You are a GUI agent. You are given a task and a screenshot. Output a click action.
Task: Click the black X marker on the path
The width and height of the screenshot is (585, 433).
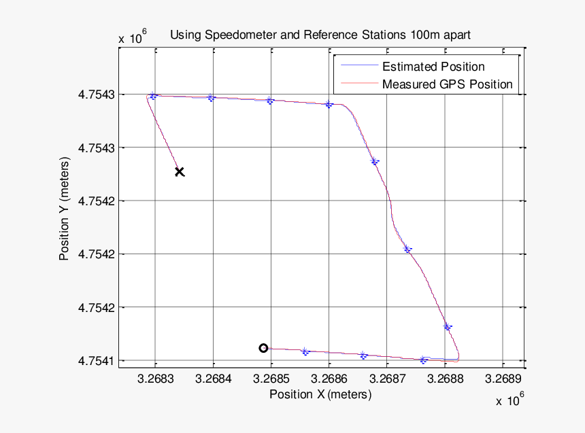(180, 172)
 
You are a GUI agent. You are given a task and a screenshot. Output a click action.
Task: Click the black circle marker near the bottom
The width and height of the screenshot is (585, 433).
(263, 348)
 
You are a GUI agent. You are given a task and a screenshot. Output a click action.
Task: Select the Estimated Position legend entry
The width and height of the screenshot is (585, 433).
(433, 67)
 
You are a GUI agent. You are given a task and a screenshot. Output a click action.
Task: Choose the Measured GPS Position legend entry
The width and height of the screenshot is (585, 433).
(447, 84)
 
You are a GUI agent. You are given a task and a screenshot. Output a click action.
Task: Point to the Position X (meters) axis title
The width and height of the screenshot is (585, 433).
(320, 394)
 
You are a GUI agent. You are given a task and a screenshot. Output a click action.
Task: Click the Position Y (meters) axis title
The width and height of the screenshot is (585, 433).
(65, 211)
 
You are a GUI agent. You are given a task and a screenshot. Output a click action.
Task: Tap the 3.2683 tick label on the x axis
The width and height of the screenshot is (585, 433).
(155, 378)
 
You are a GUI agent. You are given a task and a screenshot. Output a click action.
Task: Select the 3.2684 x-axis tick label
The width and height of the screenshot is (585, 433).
(213, 378)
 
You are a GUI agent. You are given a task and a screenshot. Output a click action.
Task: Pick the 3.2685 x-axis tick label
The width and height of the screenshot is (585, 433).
(271, 378)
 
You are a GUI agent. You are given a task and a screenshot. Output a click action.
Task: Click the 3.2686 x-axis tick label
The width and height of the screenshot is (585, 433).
(329, 378)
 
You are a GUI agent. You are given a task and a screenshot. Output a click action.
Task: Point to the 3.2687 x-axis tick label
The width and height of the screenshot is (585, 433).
(387, 378)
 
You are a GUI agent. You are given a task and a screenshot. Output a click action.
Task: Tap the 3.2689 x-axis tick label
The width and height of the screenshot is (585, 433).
(503, 378)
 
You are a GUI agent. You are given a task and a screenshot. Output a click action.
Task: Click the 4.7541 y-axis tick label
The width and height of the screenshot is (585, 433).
(95, 360)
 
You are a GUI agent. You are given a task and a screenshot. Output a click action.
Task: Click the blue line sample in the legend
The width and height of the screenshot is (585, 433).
(358, 67)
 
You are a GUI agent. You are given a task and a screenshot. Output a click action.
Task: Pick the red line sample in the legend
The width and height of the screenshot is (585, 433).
(358, 84)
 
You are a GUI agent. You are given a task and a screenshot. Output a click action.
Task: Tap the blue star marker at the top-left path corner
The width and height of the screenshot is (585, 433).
(153, 96)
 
